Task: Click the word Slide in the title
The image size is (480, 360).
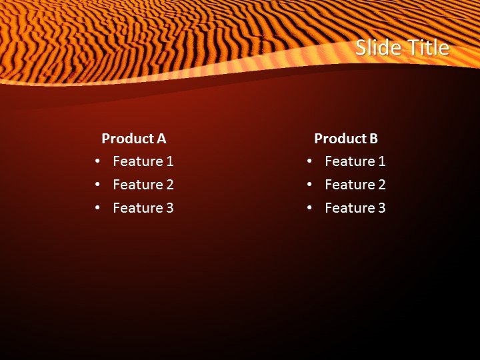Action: [377, 48]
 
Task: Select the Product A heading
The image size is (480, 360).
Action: [133, 139]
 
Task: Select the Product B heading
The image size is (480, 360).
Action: [346, 139]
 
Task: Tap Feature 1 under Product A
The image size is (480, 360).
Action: [143, 161]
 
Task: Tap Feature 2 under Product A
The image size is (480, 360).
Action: [143, 185]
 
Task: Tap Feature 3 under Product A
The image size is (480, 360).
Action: [143, 208]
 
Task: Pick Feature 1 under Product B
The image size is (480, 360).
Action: [355, 161]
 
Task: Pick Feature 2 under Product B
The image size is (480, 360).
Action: [355, 185]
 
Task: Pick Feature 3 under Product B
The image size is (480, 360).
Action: [355, 208]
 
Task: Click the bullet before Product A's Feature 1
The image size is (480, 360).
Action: [98, 161]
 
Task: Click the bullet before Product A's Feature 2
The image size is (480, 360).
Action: [98, 185]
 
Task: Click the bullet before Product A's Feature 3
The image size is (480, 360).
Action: [98, 208]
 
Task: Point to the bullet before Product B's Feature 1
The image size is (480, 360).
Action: [310, 161]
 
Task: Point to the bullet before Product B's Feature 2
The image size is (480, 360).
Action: [310, 185]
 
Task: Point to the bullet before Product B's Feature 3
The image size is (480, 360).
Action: [310, 208]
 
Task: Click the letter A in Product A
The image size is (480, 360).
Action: [161, 139]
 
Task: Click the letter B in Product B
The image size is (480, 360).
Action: [373, 139]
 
